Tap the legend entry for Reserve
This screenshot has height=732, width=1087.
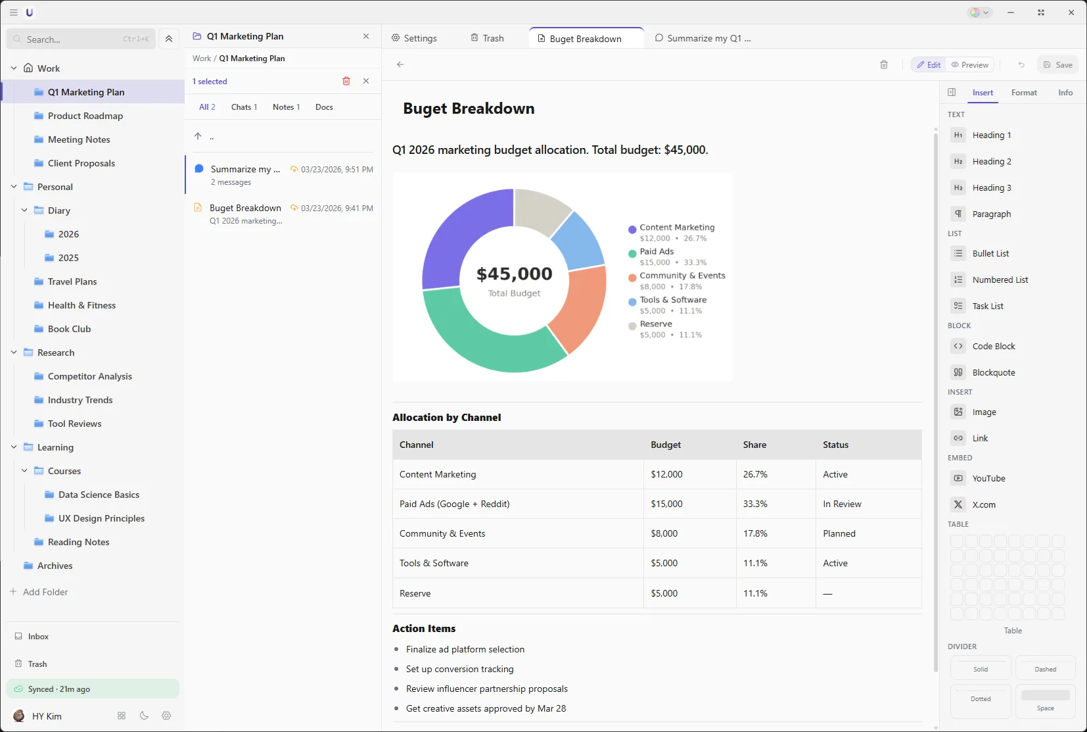pyautogui.click(x=656, y=324)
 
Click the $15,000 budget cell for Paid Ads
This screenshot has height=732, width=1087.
pyautogui.click(x=666, y=504)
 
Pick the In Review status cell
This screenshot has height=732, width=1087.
pyautogui.click(x=842, y=504)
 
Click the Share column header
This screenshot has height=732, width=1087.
pyautogui.click(x=754, y=445)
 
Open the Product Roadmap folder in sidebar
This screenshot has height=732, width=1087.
pyautogui.click(x=85, y=116)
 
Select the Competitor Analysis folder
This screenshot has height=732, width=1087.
pyautogui.click(x=89, y=376)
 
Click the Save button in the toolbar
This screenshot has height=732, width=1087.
pyautogui.click(x=1057, y=64)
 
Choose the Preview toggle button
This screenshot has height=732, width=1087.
pyautogui.click(x=970, y=64)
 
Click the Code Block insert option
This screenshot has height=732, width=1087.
pyautogui.click(x=993, y=346)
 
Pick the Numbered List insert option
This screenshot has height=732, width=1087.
pyautogui.click(x=1000, y=280)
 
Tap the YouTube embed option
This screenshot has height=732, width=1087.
pyautogui.click(x=988, y=478)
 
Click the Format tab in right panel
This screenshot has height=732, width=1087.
pyautogui.click(x=1024, y=93)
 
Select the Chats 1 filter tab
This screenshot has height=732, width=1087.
pyautogui.click(x=244, y=107)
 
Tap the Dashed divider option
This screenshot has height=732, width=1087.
pyautogui.click(x=1045, y=668)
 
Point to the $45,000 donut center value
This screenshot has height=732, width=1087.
pyautogui.click(x=514, y=274)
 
